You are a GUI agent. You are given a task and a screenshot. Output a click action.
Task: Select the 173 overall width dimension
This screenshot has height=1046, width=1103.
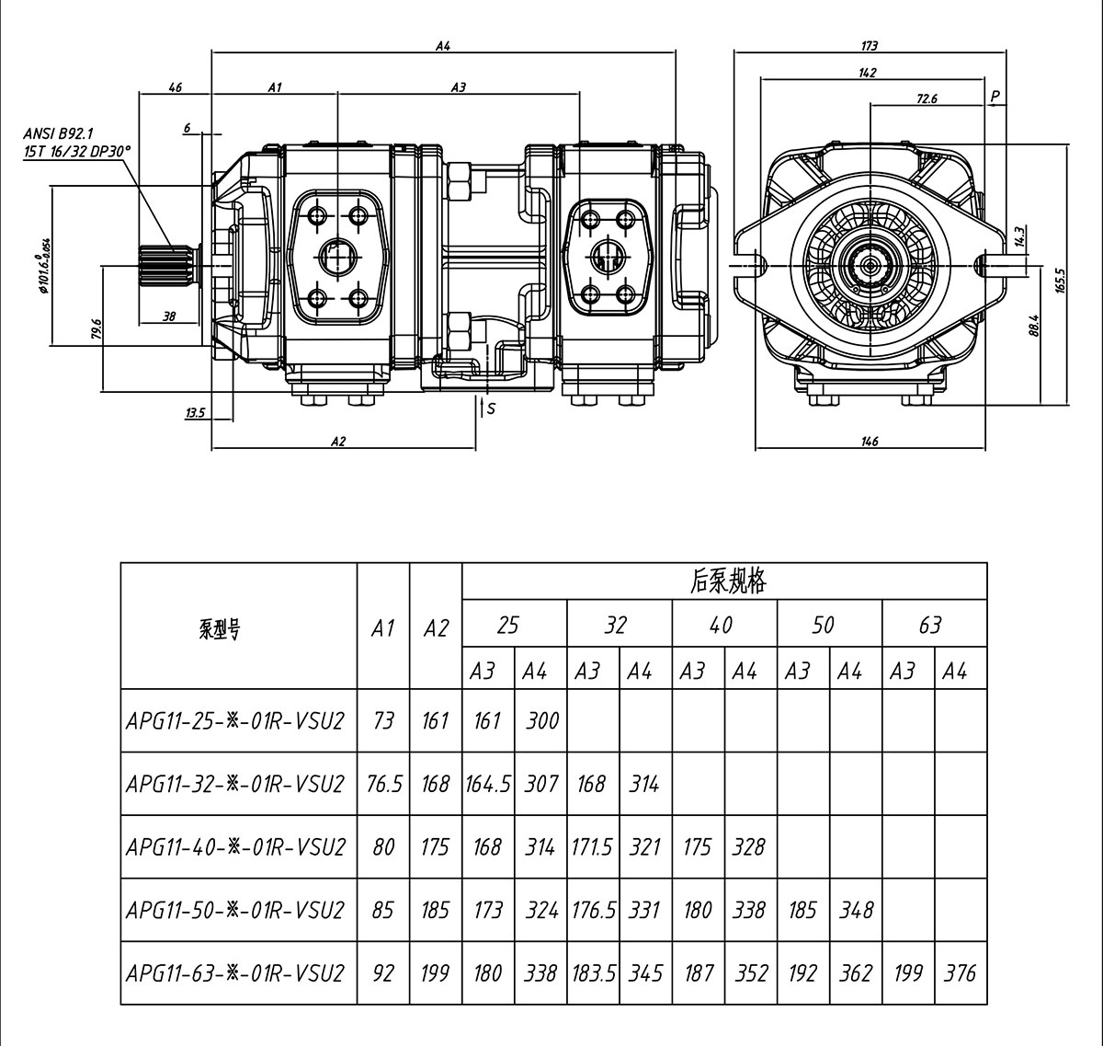870,45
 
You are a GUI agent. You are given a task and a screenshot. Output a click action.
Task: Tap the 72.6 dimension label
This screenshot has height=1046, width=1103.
927,98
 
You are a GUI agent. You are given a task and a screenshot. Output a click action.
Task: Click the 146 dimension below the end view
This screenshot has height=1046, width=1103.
870,441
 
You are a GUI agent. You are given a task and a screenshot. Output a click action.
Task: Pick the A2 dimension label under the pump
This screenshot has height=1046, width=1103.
338,441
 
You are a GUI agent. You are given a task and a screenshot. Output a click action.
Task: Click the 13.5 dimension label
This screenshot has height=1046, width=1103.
195,413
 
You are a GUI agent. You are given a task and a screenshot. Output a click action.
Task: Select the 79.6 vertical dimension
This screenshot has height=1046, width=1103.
97,328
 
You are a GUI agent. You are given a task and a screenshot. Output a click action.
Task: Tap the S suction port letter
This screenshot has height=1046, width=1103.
491,408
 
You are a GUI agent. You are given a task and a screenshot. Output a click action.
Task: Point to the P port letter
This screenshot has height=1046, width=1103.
995,96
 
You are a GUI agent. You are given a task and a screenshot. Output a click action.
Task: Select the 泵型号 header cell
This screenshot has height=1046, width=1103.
219,629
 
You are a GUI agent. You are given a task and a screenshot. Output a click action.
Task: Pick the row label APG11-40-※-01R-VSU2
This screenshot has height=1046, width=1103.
236,846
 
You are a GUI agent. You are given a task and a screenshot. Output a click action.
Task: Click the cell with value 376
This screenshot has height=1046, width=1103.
960,972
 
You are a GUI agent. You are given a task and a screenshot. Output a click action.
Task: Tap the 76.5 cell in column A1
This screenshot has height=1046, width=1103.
383,784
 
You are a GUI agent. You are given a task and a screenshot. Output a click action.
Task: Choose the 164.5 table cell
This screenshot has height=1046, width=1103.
487,784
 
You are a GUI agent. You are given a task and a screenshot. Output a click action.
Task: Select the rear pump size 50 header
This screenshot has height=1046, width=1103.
823,626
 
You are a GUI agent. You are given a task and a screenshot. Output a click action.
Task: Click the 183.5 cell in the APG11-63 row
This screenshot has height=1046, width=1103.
592,972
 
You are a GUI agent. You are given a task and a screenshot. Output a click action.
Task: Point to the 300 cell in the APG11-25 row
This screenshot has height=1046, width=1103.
541,720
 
